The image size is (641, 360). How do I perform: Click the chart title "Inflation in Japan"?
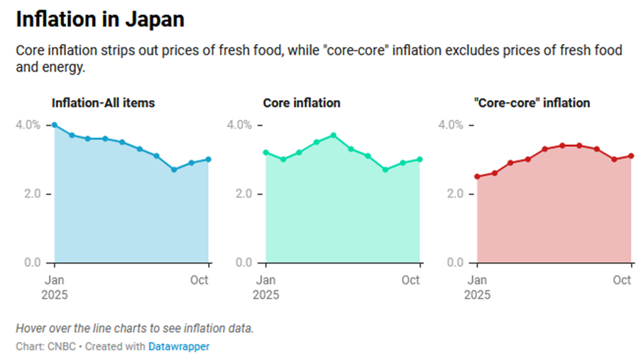100,20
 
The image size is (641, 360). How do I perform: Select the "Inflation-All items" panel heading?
103,103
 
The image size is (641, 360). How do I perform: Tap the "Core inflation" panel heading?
302,103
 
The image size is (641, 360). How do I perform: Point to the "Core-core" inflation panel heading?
532,103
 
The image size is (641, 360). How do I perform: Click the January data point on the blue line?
55,125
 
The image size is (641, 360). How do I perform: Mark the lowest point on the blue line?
174,170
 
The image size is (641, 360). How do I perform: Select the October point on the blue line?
208,159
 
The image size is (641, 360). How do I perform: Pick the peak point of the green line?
334,135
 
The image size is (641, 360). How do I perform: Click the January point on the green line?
265,152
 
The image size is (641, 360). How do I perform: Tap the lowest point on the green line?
385,170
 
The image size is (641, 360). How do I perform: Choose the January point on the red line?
477,177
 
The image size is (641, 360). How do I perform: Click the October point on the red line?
631,156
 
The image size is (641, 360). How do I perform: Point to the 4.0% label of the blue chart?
28,125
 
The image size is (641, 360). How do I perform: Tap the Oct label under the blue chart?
199,280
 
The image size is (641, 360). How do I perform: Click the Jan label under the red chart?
480,280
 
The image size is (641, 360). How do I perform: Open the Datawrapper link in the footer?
179,347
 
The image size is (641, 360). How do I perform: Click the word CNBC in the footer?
57,347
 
